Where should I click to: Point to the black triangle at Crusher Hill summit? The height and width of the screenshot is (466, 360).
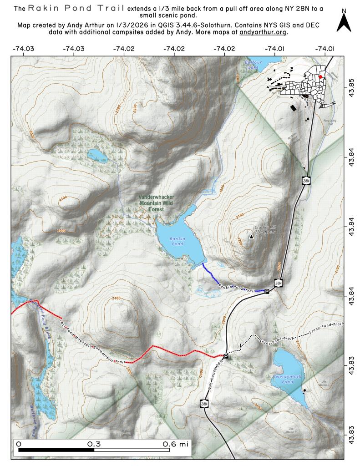251,236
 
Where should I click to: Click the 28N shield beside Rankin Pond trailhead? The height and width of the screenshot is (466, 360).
279,283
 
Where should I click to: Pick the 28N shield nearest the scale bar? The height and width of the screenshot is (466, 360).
204,403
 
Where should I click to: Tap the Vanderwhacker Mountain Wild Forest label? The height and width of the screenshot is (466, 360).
157,203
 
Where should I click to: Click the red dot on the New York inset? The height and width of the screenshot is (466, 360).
320,77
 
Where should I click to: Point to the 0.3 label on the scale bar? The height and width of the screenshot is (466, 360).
94,443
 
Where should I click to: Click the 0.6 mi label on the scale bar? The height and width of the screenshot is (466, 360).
175,443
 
